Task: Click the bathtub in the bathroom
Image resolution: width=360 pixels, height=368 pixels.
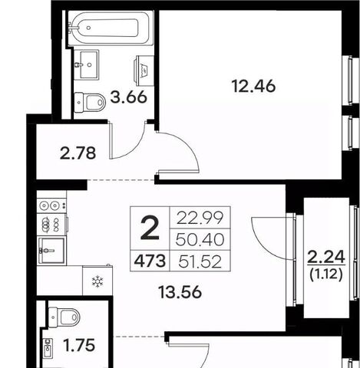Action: [x=111, y=28]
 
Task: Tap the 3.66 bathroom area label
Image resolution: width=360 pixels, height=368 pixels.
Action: [x=129, y=97]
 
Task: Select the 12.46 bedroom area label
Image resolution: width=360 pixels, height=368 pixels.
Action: [x=253, y=86]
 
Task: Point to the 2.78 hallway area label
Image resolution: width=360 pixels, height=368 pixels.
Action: [x=78, y=153]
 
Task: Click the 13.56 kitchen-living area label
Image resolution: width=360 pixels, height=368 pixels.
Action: [x=180, y=292]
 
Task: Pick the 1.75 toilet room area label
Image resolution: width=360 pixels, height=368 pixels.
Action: [x=79, y=346]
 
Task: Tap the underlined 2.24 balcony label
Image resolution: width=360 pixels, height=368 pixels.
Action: [x=326, y=257]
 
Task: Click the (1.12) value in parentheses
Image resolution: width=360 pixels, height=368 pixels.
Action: [x=326, y=275]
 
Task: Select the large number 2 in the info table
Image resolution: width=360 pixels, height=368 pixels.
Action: [x=150, y=228]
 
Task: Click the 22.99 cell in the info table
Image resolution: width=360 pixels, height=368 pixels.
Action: [x=200, y=218]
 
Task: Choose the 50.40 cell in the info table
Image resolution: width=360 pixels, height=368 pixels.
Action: [x=200, y=240]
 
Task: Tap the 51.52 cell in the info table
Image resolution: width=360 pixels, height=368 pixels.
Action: [x=200, y=261]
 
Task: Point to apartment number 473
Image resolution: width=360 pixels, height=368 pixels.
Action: [x=150, y=261]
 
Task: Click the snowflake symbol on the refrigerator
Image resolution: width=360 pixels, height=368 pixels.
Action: [x=97, y=281]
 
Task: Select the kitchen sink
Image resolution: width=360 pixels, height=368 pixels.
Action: [x=51, y=251]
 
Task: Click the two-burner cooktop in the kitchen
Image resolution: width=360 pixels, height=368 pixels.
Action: [x=51, y=205]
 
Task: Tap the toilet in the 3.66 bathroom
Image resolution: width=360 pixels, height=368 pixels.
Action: [x=90, y=102]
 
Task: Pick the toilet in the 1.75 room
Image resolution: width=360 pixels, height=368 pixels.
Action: [x=64, y=317]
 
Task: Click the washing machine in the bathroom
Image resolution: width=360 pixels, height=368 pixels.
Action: [x=144, y=71]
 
